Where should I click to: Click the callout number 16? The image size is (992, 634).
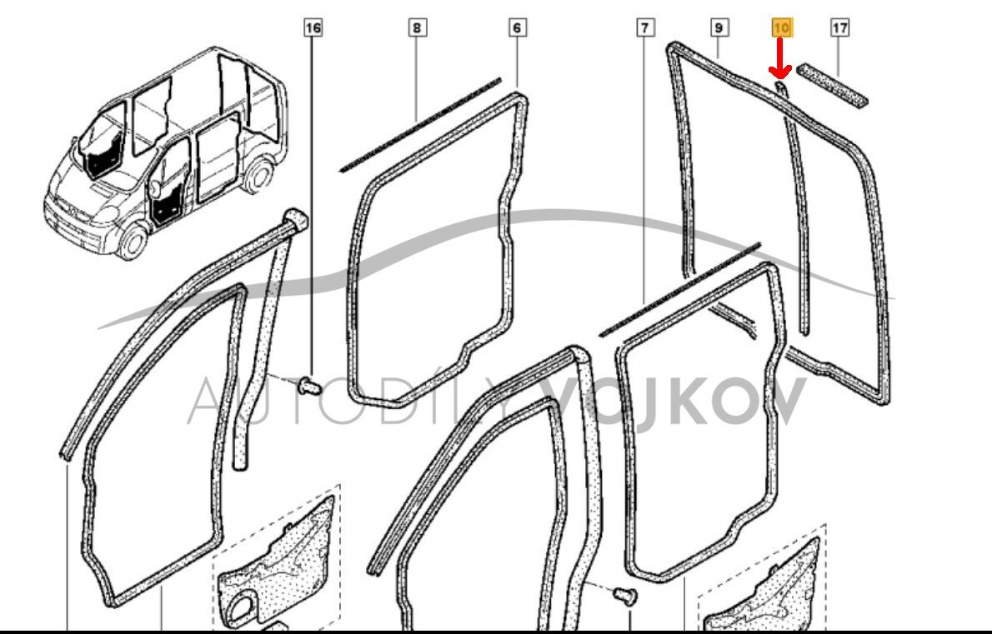tap(313, 27)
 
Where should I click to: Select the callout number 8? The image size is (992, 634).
tap(416, 27)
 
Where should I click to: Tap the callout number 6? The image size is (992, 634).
tap(517, 27)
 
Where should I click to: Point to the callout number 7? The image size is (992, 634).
tap(644, 27)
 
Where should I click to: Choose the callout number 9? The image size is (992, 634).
tap(718, 27)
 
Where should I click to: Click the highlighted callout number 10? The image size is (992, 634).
tap(781, 27)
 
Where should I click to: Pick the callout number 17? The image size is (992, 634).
tap(839, 27)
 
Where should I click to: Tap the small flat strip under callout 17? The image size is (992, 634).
tap(832, 85)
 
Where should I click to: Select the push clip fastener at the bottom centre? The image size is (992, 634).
tap(625, 596)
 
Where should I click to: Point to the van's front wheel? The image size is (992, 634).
tap(132, 241)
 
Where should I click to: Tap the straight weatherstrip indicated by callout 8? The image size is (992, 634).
tap(421, 125)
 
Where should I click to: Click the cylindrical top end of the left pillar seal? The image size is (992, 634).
tap(295, 221)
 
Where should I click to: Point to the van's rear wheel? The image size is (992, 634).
tap(258, 176)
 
